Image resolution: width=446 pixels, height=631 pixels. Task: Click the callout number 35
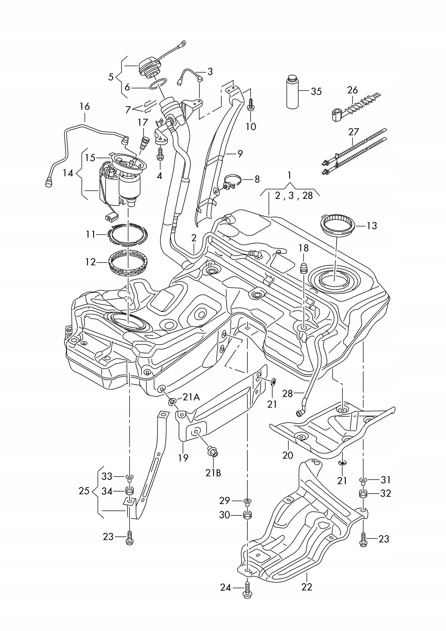click(316, 91)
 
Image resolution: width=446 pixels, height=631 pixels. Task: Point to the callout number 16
click(85, 106)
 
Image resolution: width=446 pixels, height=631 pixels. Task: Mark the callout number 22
click(307, 586)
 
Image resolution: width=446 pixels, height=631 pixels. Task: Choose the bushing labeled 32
click(363, 493)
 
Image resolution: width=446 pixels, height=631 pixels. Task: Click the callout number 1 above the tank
click(289, 175)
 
